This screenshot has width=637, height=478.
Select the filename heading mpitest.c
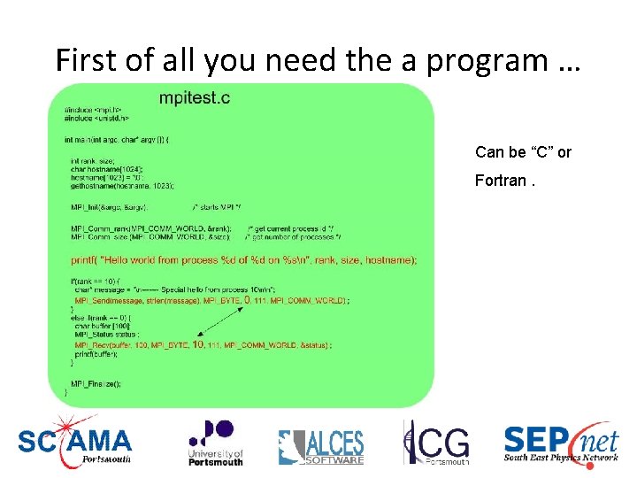[x=195, y=98]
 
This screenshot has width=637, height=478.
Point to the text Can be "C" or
[x=523, y=152]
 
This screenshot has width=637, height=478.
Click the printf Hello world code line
[x=243, y=259]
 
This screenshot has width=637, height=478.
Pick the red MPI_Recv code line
[x=203, y=344]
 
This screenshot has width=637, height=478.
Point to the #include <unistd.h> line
[x=96, y=117]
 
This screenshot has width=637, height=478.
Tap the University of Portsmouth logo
[x=215, y=442]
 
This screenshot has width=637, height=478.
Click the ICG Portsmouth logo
[x=436, y=442]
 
